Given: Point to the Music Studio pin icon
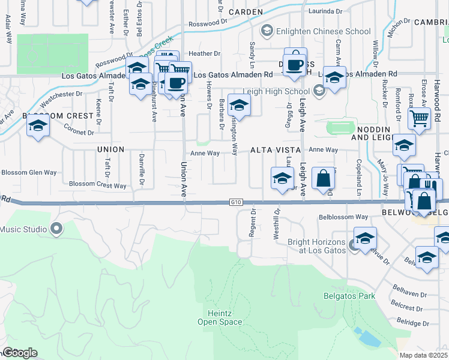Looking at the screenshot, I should [x=56, y=229].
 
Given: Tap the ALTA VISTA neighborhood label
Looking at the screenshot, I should [x=276, y=150].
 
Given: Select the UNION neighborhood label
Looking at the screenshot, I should [x=110, y=149].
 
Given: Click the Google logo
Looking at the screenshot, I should [x=19, y=353].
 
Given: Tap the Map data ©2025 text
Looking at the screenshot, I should [x=423, y=355].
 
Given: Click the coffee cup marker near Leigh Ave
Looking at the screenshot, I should [x=294, y=64].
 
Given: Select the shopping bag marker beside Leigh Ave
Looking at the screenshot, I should [x=323, y=178].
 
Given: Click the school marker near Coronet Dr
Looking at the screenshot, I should [x=38, y=126].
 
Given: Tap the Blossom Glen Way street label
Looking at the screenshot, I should [x=29, y=172].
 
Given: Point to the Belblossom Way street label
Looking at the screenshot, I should [x=343, y=217].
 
